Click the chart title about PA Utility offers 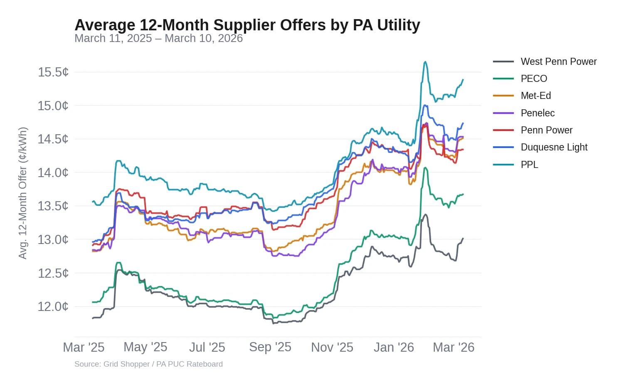[x=247, y=25]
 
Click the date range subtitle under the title [x=158, y=38]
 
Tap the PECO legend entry [x=534, y=79]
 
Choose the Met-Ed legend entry [x=535, y=96]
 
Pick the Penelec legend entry [x=538, y=113]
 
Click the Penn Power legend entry [x=546, y=130]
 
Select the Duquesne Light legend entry [x=554, y=147]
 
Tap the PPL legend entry [x=529, y=165]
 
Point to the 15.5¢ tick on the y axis [x=53, y=72]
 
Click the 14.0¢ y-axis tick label [x=53, y=173]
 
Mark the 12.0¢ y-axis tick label [x=53, y=307]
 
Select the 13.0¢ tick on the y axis [x=53, y=239]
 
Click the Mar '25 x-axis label [x=84, y=347]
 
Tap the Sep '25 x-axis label [x=270, y=347]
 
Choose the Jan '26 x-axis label [x=393, y=347]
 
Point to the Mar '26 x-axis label [x=453, y=347]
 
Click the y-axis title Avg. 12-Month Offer [x=23, y=193]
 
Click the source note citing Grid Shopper [x=148, y=364]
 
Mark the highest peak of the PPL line [x=425, y=62]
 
